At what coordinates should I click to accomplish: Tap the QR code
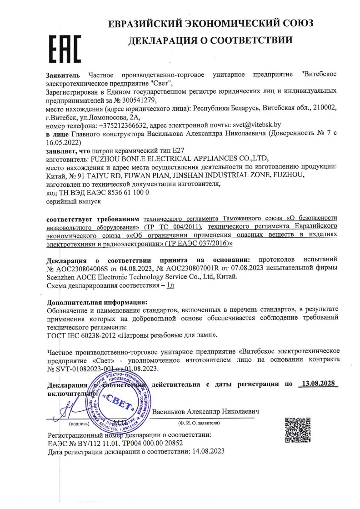[297, 429]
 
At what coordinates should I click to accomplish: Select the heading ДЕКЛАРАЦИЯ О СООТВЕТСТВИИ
[210, 41]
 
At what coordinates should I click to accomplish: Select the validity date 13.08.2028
[318, 384]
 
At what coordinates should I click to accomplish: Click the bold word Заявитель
[63, 75]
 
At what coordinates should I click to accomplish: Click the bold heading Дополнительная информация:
[97, 302]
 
